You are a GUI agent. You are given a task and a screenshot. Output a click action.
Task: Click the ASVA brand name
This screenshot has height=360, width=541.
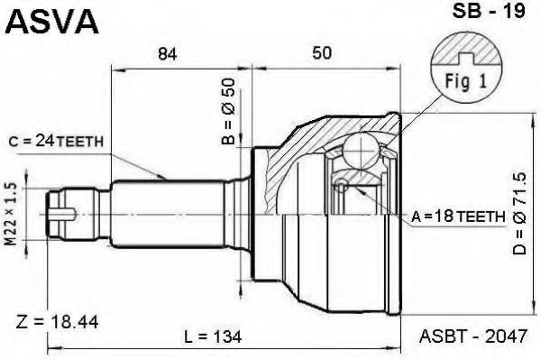pyautogui.click(x=51, y=21)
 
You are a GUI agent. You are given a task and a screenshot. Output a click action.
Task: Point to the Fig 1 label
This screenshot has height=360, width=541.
pyautogui.click(x=467, y=78)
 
